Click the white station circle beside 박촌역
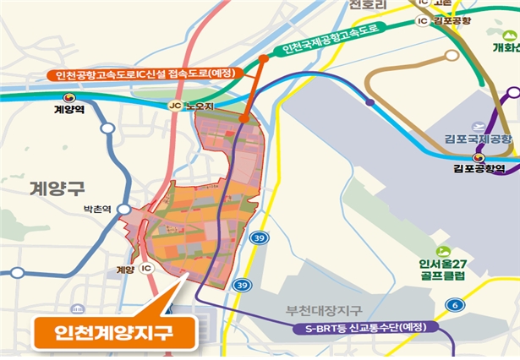[123, 208]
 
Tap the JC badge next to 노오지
[175, 106]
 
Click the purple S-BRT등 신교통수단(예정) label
[364, 327]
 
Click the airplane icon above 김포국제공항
[479, 125]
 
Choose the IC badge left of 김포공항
[421, 20]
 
